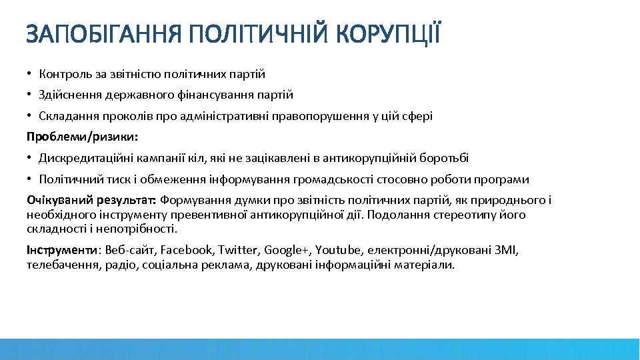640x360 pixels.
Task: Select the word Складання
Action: (68, 116)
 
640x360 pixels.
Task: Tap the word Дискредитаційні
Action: (82, 158)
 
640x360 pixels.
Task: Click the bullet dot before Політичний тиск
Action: (30, 179)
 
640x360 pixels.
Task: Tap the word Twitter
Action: (238, 250)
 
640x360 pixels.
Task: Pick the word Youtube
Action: (338, 250)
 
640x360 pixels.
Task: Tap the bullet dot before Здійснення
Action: (30, 95)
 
